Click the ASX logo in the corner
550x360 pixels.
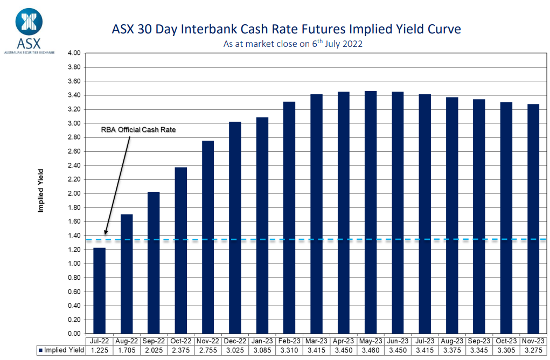(x=29, y=30)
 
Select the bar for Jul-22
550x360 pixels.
(x=100, y=291)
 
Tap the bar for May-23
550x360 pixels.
(x=371, y=213)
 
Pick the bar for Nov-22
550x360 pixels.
(x=208, y=237)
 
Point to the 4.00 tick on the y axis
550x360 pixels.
(x=73, y=53)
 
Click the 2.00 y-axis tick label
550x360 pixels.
(x=73, y=193)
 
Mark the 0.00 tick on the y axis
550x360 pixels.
(x=73, y=334)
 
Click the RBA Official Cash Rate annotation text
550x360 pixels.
(x=139, y=130)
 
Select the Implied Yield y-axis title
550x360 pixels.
(x=41, y=191)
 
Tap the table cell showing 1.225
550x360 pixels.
(x=100, y=351)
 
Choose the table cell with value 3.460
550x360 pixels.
(x=371, y=351)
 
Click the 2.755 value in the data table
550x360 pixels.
(x=208, y=351)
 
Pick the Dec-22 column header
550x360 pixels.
(x=235, y=342)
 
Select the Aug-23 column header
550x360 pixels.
(x=451, y=342)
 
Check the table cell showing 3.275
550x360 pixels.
(x=533, y=351)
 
